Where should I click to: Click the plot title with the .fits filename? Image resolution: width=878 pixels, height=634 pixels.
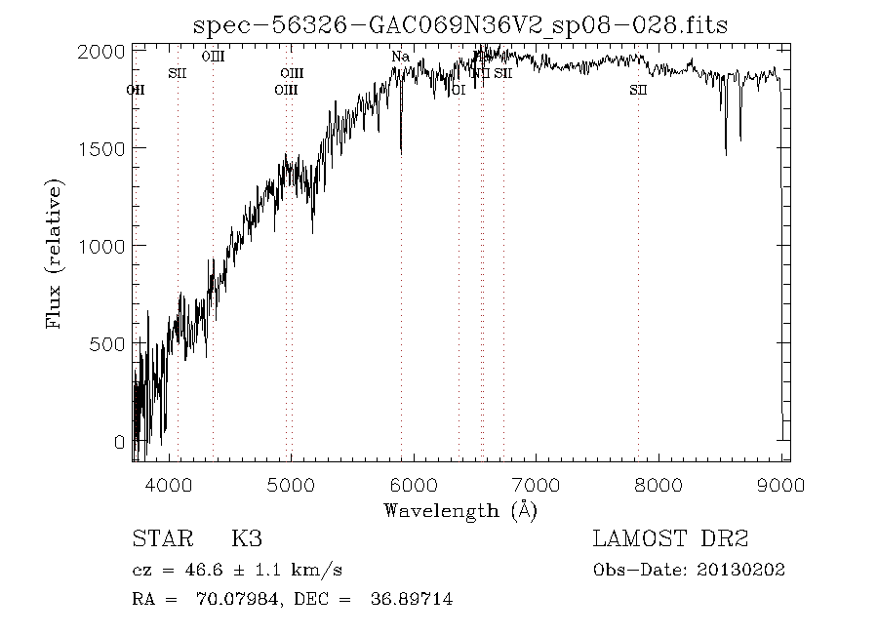pyautogui.click(x=461, y=24)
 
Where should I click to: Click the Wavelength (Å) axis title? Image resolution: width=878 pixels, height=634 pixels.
pyautogui.click(x=460, y=509)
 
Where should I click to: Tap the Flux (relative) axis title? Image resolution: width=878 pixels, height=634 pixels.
pyautogui.click(x=56, y=254)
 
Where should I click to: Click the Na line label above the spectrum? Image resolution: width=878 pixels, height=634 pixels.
pyautogui.click(x=400, y=58)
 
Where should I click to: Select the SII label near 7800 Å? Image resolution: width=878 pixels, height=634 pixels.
pyautogui.click(x=638, y=90)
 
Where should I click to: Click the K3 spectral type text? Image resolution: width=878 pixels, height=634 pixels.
pyautogui.click(x=246, y=539)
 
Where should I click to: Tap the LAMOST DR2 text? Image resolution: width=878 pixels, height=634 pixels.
pyautogui.click(x=670, y=539)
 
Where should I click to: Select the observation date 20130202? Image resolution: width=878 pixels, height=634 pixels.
pyautogui.click(x=744, y=570)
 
